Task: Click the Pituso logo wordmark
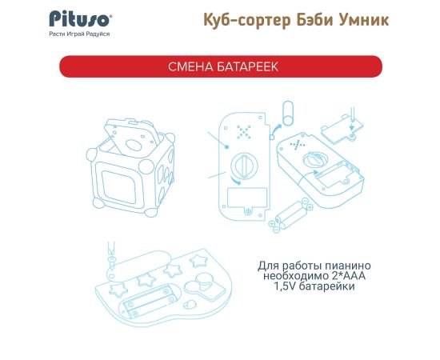(80, 19)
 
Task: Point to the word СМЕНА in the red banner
(190, 66)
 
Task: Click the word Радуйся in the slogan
(98, 34)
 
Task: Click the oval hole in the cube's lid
(134, 145)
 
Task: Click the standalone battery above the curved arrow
(288, 113)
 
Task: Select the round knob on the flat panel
(243, 166)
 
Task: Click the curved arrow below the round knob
(235, 181)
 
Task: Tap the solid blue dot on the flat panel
(227, 146)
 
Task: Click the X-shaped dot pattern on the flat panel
(243, 131)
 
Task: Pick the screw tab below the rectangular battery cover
(248, 211)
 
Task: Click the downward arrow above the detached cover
(351, 123)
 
